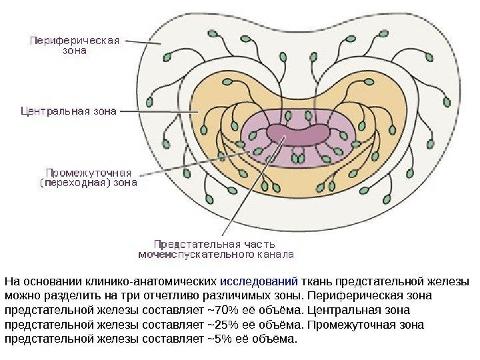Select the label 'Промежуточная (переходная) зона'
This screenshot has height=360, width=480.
coord(89,175)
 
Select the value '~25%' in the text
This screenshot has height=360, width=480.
coord(220,325)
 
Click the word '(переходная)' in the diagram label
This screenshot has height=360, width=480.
coord(69,181)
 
